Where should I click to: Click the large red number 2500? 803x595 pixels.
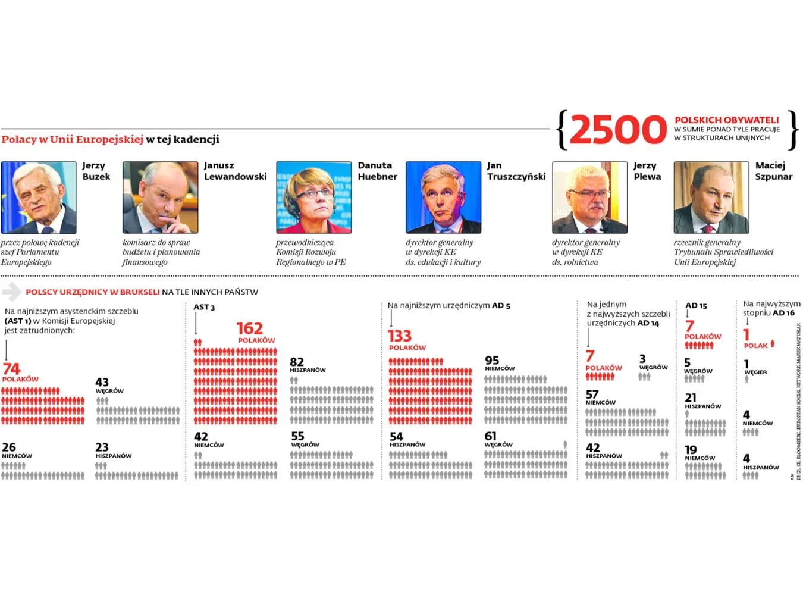point(617,130)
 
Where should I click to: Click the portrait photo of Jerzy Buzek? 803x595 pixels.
point(39,198)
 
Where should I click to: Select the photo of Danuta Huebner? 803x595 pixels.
point(313,198)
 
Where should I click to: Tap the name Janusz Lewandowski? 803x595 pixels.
point(235,171)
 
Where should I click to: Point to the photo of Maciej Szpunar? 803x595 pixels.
point(711,198)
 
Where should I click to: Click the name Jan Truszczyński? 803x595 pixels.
point(516,171)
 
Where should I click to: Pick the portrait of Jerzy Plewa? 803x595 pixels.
point(589,198)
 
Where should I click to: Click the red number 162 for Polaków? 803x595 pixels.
point(249,328)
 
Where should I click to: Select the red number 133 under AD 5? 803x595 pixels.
point(399,336)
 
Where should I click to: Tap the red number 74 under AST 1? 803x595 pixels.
point(11,369)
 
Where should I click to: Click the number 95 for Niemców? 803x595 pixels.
point(492,360)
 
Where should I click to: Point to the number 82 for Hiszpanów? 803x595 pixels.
point(297,362)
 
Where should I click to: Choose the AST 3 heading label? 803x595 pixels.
point(204,307)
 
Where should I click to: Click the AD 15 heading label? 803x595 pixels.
point(696,306)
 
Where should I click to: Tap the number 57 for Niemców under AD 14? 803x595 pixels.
point(592,394)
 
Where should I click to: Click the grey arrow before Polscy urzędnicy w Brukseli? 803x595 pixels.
point(11,292)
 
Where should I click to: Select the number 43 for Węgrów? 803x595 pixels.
point(102,382)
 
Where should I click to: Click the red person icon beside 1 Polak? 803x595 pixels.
point(773,343)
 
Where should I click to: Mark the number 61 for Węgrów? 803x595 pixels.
point(490,436)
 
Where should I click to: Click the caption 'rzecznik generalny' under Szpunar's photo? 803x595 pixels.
point(707,242)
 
